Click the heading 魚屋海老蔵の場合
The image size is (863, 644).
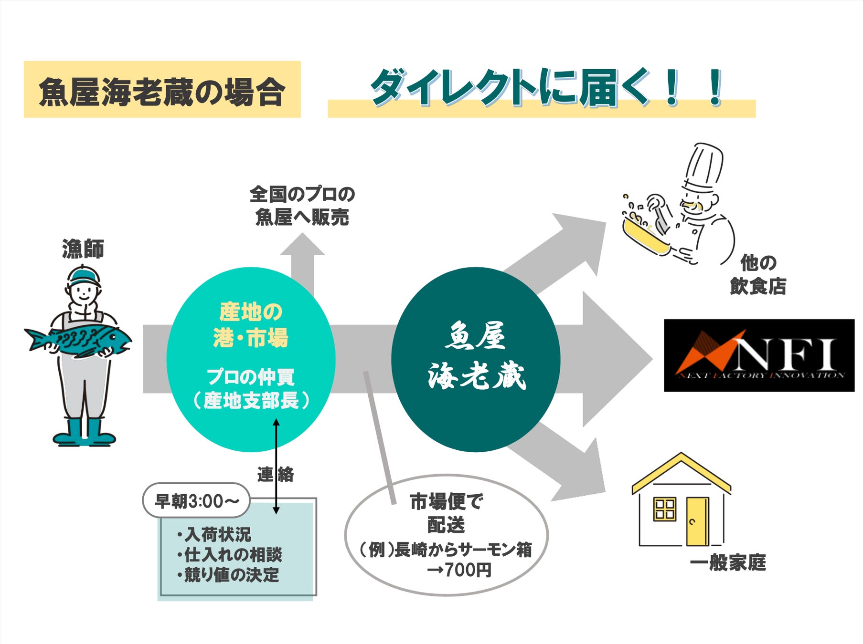click(162, 91)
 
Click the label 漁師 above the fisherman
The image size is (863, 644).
click(83, 249)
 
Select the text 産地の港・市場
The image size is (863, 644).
click(251, 325)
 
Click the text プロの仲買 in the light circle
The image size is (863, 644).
click(250, 377)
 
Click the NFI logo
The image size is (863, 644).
click(759, 355)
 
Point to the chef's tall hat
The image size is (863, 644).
click(703, 167)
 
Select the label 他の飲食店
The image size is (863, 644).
click(758, 275)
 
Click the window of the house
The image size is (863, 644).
click(664, 509)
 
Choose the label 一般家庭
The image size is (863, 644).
click(727, 563)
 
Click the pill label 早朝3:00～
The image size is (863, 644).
click(196, 501)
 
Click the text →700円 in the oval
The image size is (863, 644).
click(459, 570)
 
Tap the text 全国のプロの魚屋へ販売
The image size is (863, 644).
click(302, 206)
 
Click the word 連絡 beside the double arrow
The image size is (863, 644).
click(276, 475)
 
